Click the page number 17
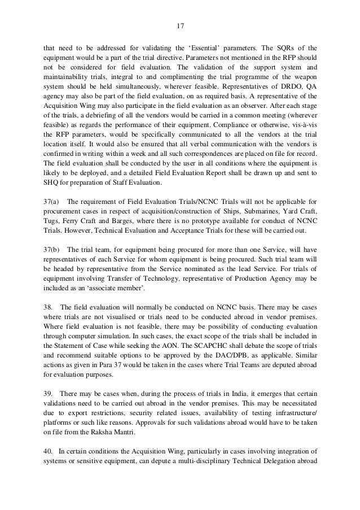pos(179,26)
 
